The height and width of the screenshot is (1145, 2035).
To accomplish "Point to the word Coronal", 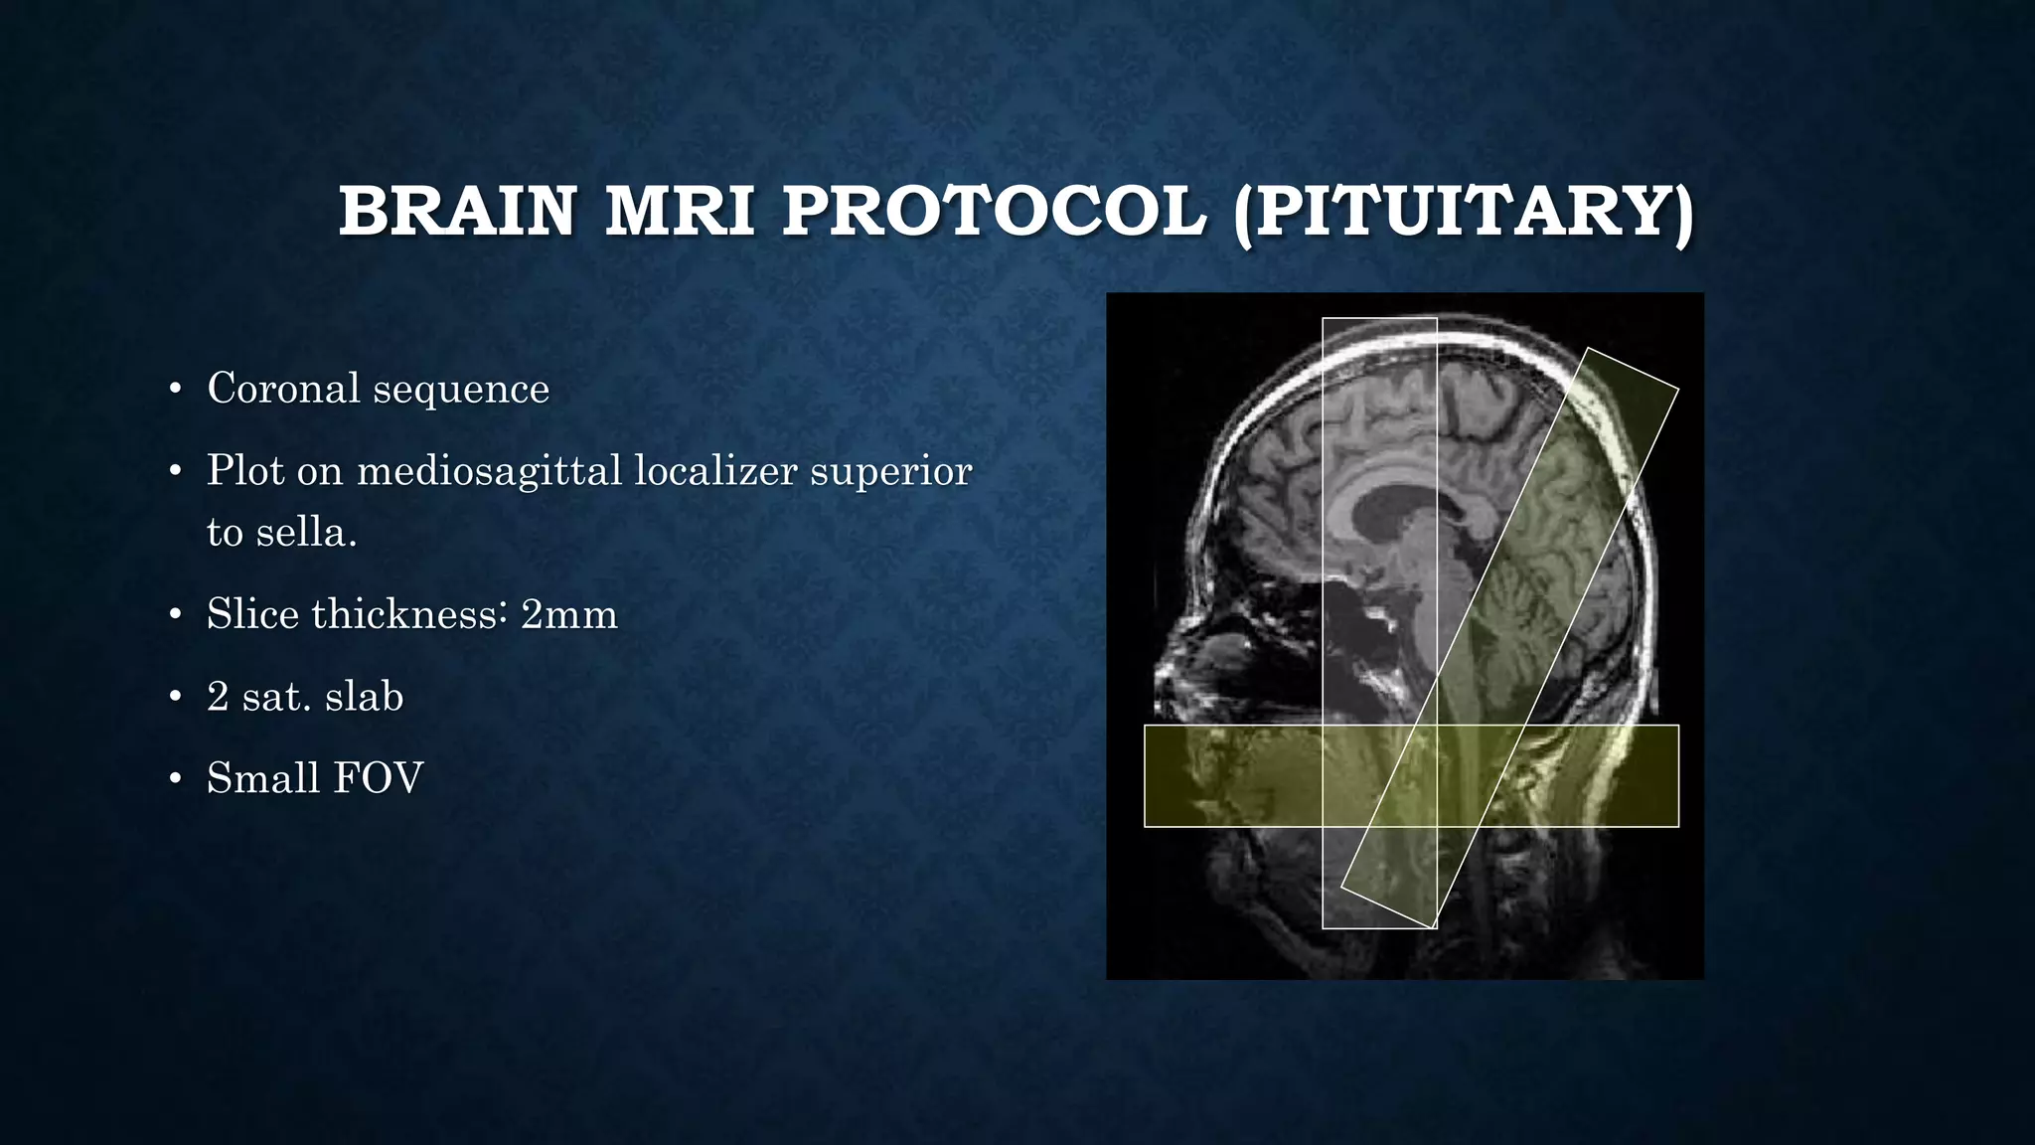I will [283, 389].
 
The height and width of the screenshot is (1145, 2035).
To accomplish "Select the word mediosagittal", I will [489, 471].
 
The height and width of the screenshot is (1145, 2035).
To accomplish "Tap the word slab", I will [364, 697].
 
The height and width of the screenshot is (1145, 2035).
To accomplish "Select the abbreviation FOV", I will [379, 778].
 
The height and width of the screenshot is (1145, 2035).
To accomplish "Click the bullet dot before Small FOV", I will [175, 780].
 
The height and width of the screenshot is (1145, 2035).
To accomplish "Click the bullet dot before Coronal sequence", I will [175, 390].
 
